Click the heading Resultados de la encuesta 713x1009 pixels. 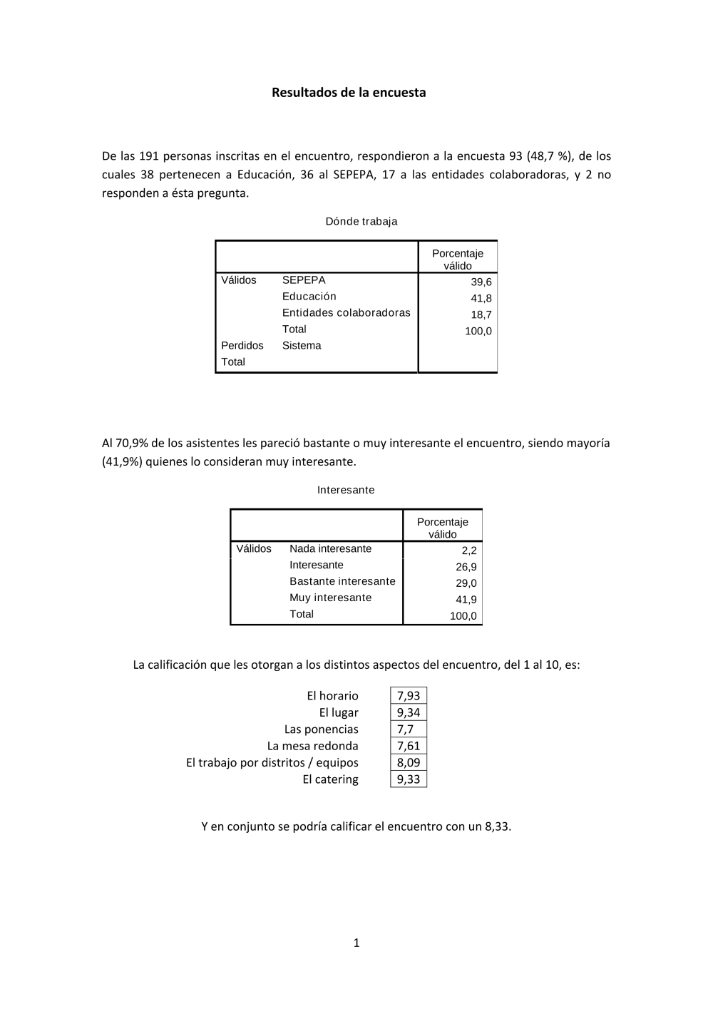click(x=349, y=93)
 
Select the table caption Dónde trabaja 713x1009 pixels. click(x=361, y=221)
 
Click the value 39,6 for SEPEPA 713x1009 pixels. click(x=481, y=282)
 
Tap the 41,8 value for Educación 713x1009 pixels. click(x=481, y=298)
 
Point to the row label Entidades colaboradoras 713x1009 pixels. click(x=346, y=312)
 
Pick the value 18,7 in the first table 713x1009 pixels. click(x=481, y=314)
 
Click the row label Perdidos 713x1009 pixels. click(x=242, y=345)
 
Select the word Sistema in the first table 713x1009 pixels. click(x=302, y=345)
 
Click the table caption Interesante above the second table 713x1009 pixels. click(x=346, y=490)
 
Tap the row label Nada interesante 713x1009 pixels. click(x=330, y=548)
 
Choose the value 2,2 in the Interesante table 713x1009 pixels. click(x=469, y=550)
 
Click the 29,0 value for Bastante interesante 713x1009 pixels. click(x=466, y=583)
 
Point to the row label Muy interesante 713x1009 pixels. click(x=330, y=598)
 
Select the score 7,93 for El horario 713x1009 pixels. click(x=409, y=696)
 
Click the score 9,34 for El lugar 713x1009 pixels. click(x=409, y=712)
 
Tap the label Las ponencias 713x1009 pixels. click(x=321, y=729)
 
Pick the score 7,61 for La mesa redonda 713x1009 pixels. click(x=409, y=746)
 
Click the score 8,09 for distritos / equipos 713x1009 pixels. click(x=409, y=762)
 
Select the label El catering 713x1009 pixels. click(x=330, y=779)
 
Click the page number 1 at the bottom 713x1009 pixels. click(x=356, y=943)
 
